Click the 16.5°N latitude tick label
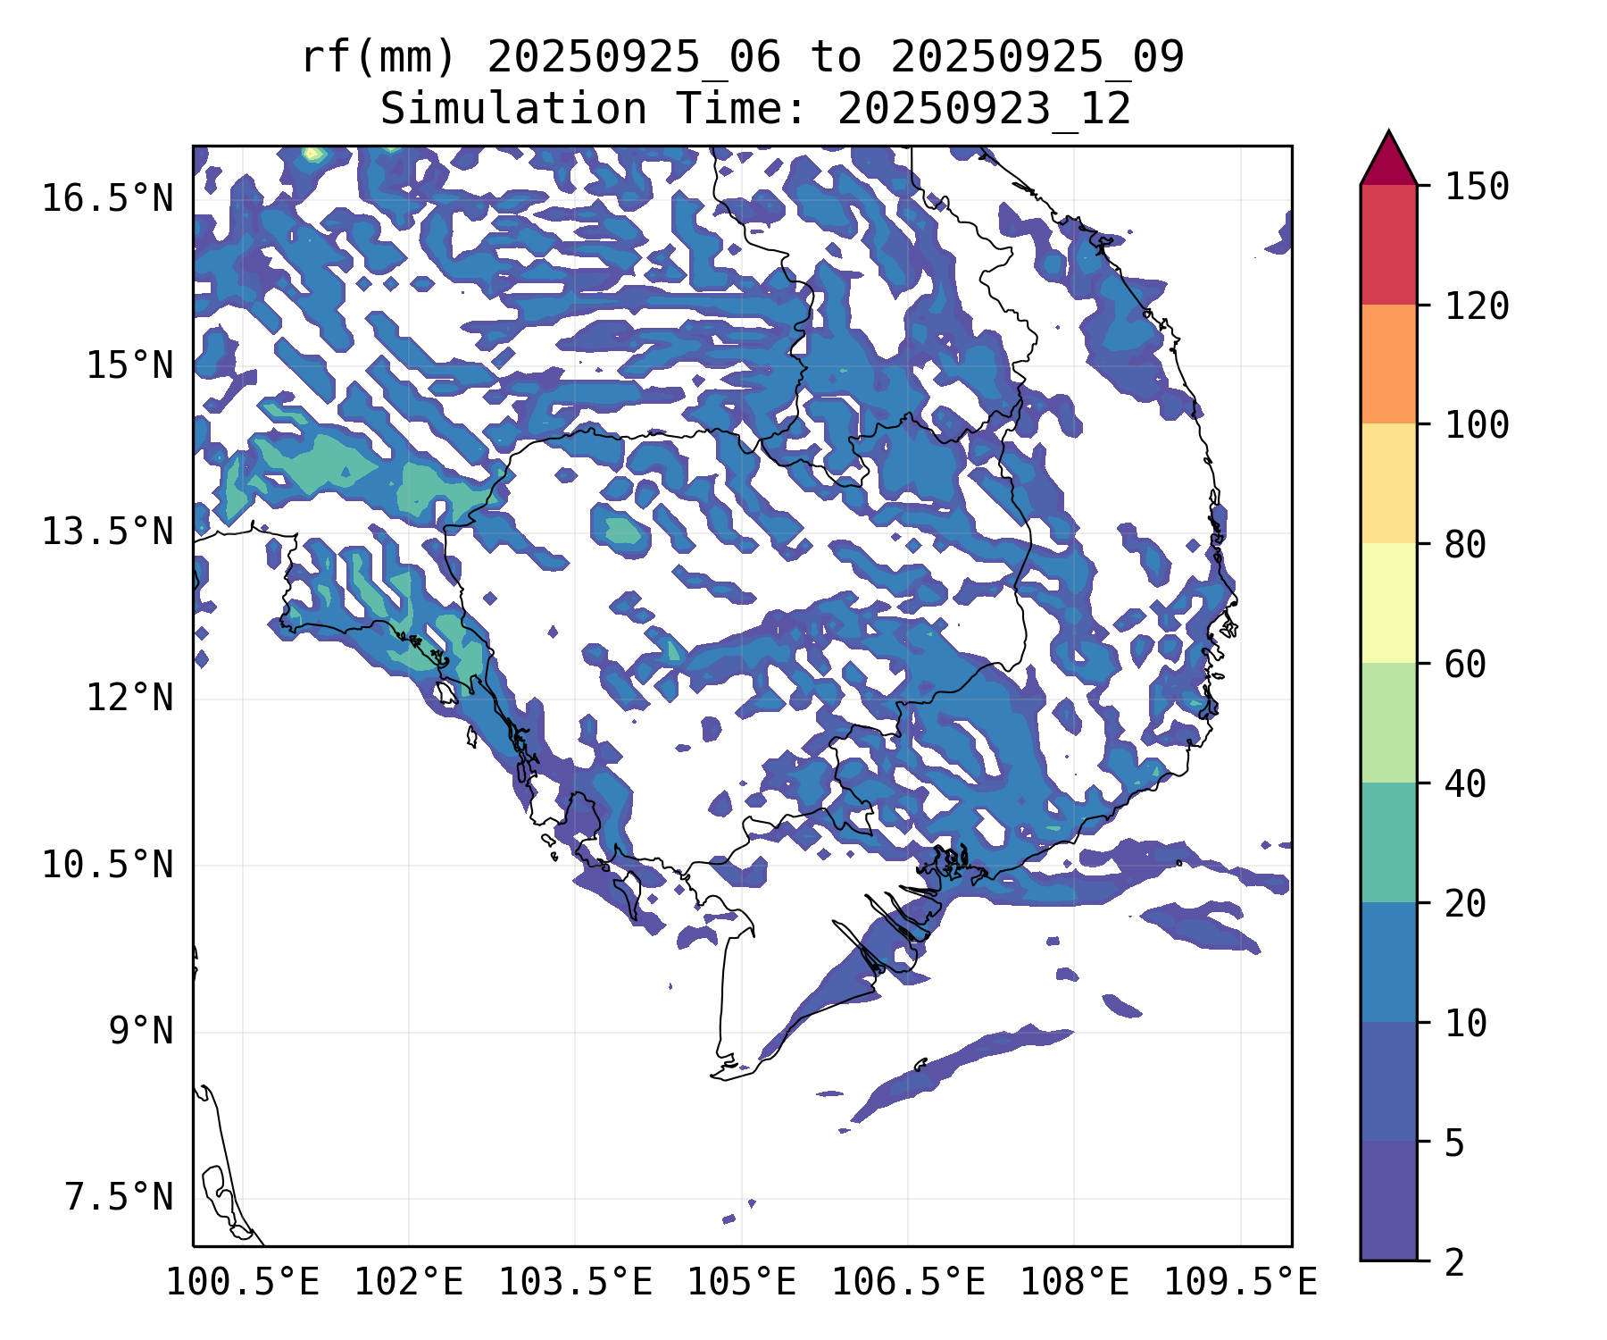tap(107, 198)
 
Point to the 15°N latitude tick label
tap(129, 365)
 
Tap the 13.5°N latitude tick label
tap(107, 532)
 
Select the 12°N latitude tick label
tap(129, 698)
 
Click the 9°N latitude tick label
tap(141, 1031)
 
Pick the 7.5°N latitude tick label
tap(119, 1198)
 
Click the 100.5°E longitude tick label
tap(243, 1283)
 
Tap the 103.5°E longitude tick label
tap(575, 1283)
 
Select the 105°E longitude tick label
tap(741, 1283)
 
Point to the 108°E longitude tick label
tap(1074, 1283)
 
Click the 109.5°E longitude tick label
tap(1240, 1283)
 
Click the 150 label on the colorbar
tap(1477, 187)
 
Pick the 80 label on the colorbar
tap(1465, 544)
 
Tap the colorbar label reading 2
tap(1454, 1263)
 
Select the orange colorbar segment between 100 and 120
tap(1388, 364)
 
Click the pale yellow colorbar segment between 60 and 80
tap(1388, 603)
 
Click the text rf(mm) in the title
tap(379, 57)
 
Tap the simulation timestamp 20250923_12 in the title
tap(984, 110)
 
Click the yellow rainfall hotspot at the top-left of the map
tap(312, 154)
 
